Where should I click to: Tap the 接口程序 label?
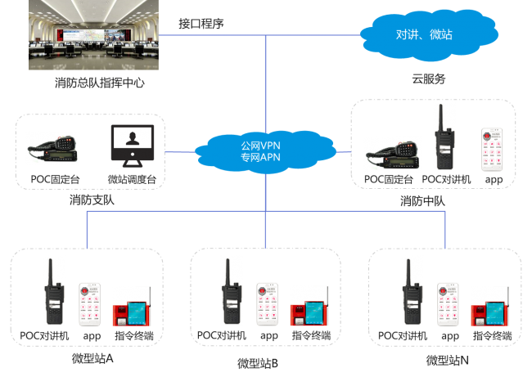201,24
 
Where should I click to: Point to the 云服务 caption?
428,79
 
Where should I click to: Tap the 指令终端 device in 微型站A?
133,308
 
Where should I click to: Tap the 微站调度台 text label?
132,179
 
